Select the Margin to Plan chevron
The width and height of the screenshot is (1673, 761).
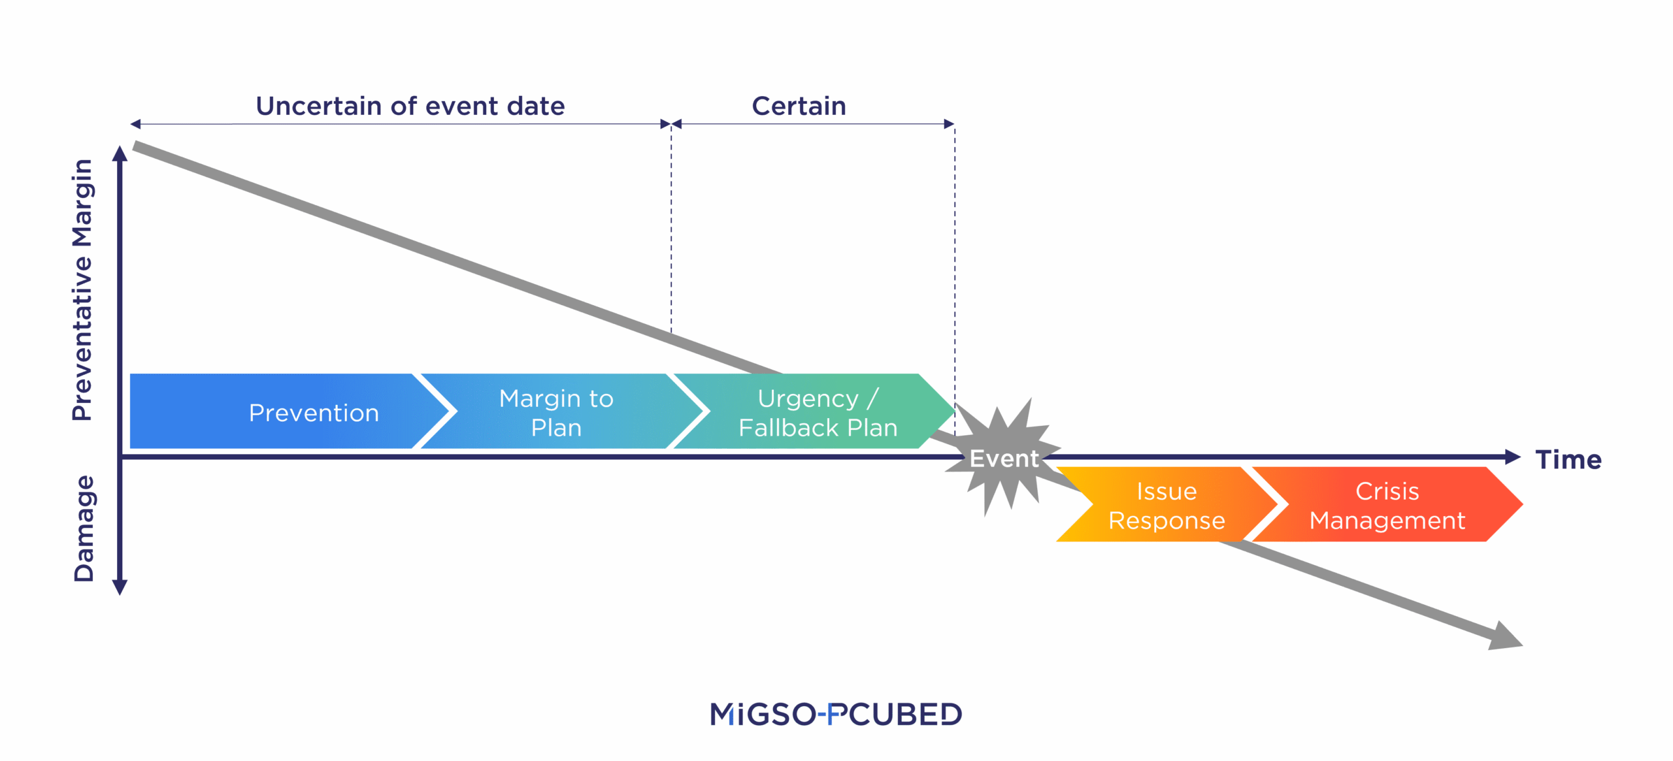click(555, 412)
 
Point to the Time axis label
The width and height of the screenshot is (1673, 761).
click(1568, 460)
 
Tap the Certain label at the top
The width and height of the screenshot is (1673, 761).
click(799, 106)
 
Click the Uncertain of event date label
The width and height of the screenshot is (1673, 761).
click(410, 106)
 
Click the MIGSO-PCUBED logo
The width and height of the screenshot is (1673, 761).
click(836, 714)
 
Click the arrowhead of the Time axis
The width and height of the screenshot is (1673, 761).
click(1512, 457)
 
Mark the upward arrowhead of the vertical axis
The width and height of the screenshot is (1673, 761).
click(120, 154)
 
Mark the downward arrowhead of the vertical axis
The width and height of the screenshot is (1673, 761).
click(120, 587)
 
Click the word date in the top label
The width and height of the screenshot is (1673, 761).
click(535, 106)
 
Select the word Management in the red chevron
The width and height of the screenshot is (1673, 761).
click(1387, 521)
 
